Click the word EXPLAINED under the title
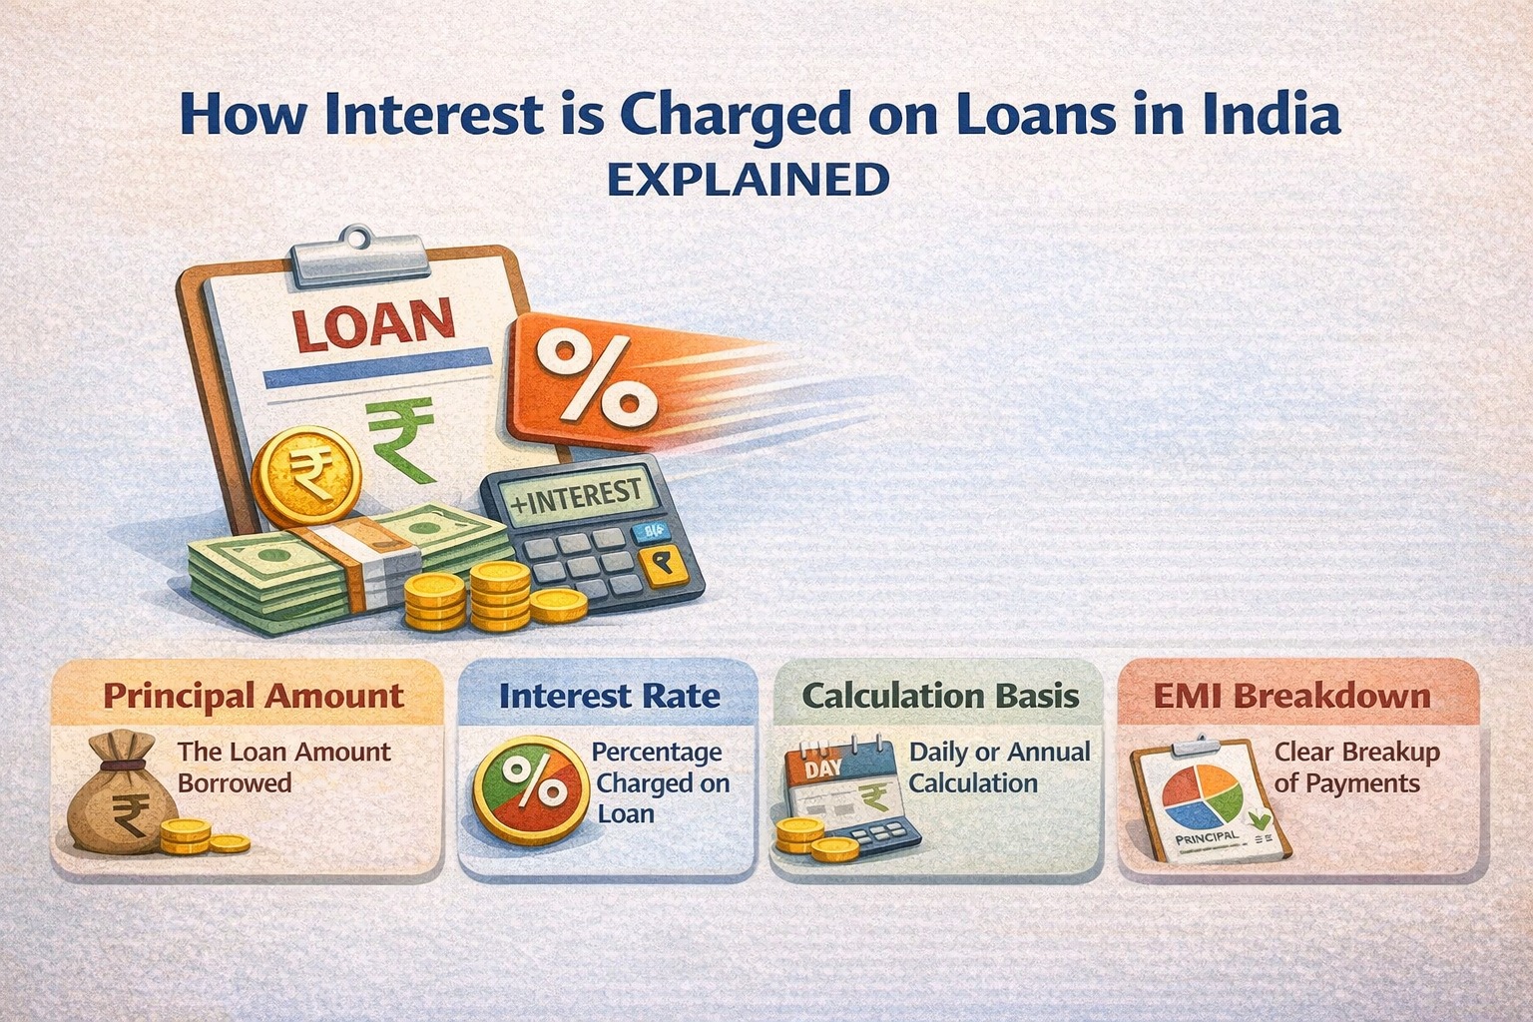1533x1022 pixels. coord(748,181)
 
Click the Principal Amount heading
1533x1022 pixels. coord(254,696)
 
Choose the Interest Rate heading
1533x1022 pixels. coord(609,696)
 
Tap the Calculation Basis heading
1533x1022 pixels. coord(940,696)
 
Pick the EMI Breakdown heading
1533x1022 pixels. coord(1291,696)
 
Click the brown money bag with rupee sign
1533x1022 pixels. coord(117,792)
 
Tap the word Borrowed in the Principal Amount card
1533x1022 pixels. coord(235,782)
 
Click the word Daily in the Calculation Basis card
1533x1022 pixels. coord(938,752)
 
